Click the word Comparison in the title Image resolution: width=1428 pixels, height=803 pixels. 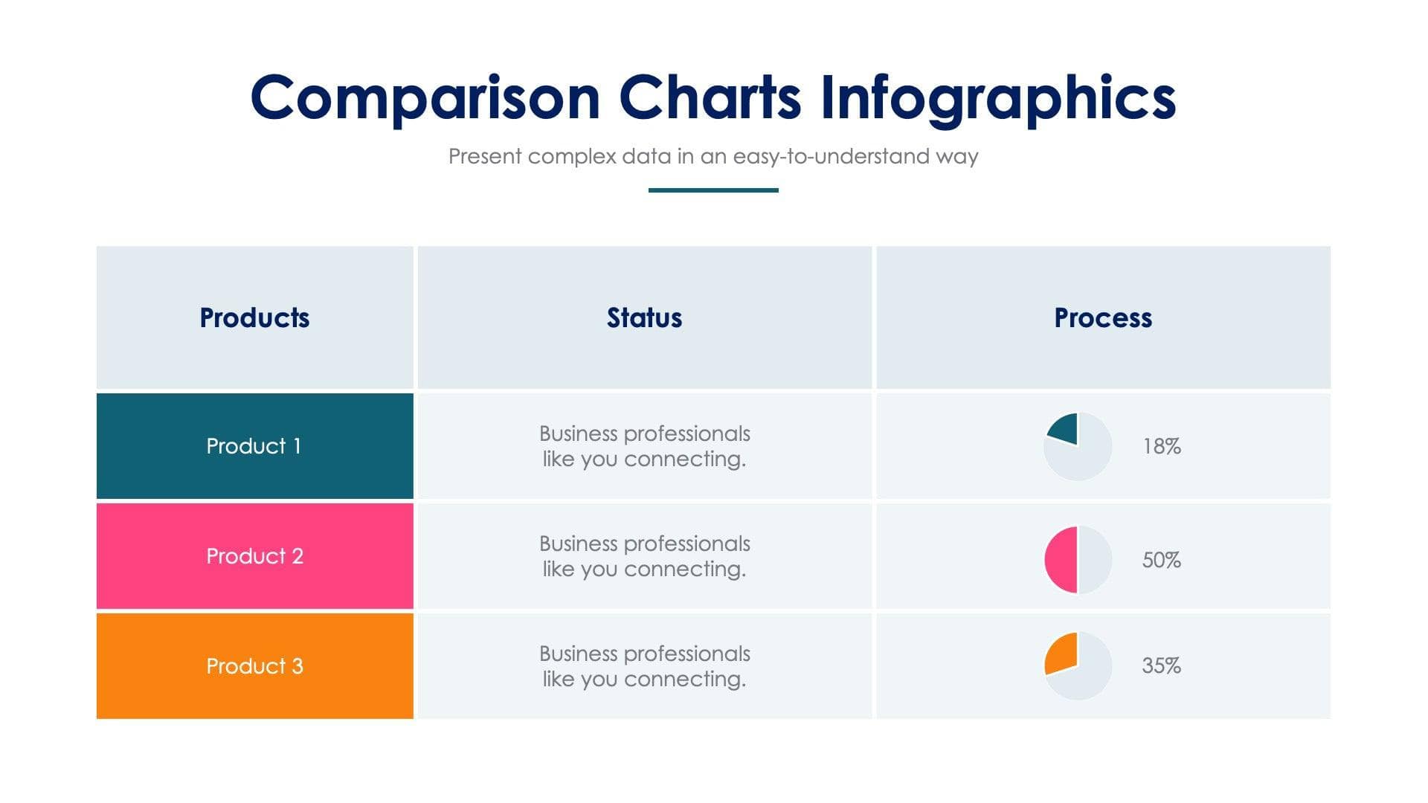pyautogui.click(x=425, y=98)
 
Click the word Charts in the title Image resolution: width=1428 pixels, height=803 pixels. pyautogui.click(x=710, y=98)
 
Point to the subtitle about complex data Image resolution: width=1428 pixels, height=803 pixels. pyautogui.click(x=713, y=156)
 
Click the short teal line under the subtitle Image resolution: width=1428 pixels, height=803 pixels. pyautogui.click(x=713, y=190)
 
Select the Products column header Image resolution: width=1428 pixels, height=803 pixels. pyautogui.click(x=254, y=317)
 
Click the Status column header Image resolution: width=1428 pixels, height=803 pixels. pyautogui.click(x=644, y=317)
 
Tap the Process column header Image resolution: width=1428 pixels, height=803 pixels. pyautogui.click(x=1103, y=317)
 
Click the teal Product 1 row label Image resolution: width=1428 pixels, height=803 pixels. pyautogui.click(x=254, y=446)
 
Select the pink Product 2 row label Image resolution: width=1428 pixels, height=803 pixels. pyautogui.click(x=254, y=556)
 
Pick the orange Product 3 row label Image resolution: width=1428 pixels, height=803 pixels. pyautogui.click(x=254, y=665)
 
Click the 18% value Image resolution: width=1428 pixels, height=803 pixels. pyautogui.click(x=1161, y=446)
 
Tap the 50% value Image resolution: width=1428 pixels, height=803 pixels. pyautogui.click(x=1161, y=560)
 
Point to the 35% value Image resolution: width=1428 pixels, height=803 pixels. pyautogui.click(x=1161, y=665)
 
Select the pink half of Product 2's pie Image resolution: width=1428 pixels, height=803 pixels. pyautogui.click(x=1061, y=560)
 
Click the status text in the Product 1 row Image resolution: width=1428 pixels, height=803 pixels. pyautogui.click(x=644, y=446)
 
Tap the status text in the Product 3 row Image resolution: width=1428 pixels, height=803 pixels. pyautogui.click(x=644, y=666)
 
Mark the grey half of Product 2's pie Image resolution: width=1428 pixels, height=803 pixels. pyautogui.click(x=1095, y=560)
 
